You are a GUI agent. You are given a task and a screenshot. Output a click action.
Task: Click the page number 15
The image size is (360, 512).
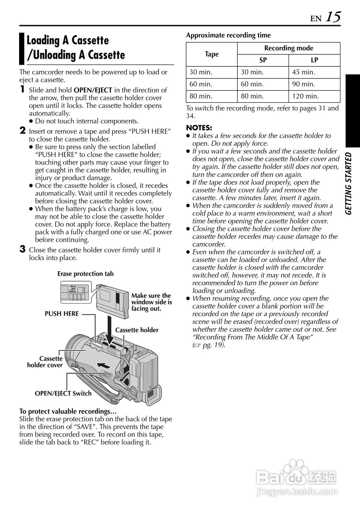pyautogui.click(x=333, y=17)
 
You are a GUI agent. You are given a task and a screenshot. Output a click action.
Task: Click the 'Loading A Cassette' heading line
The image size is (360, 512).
pyautogui.click(x=68, y=40)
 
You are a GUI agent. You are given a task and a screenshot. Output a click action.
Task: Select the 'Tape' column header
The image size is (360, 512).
pyautogui.click(x=212, y=54)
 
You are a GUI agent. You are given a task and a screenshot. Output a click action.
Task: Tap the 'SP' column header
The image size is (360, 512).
pyautogui.click(x=263, y=60)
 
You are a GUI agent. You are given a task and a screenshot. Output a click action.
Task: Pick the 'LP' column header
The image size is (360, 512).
pyautogui.click(x=314, y=60)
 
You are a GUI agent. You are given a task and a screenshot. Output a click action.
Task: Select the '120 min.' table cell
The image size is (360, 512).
pyautogui.click(x=305, y=96)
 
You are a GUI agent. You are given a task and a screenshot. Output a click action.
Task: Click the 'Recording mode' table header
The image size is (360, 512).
pyautogui.click(x=288, y=48)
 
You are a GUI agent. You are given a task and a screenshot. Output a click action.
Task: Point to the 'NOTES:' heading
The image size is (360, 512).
pyautogui.click(x=199, y=128)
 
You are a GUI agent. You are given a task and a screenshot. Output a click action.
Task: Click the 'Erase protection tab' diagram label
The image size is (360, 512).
pyautogui.click(x=85, y=274)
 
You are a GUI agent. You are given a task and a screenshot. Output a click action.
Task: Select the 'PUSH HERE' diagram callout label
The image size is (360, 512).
pyautogui.click(x=62, y=314)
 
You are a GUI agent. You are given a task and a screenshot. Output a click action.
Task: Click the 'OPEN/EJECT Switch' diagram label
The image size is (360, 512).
pyautogui.click(x=63, y=393)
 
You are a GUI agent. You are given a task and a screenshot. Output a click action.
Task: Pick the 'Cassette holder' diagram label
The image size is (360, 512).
pyautogui.click(x=137, y=330)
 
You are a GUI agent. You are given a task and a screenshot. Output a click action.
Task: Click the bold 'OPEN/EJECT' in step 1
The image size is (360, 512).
pyautogui.click(x=93, y=90)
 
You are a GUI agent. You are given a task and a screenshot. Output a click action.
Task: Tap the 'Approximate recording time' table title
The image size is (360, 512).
pyautogui.click(x=228, y=35)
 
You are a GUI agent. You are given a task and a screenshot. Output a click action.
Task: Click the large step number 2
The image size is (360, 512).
pyautogui.click(x=23, y=131)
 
